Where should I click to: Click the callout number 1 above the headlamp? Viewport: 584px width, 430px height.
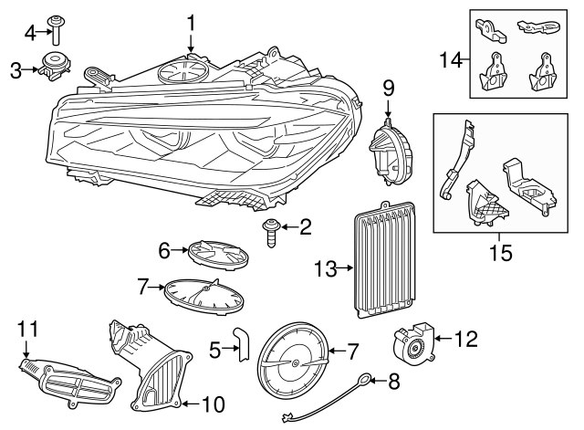tap(192, 20)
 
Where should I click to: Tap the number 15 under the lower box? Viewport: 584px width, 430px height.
tap(500, 249)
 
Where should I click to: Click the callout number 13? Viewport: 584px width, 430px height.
tap(323, 268)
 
